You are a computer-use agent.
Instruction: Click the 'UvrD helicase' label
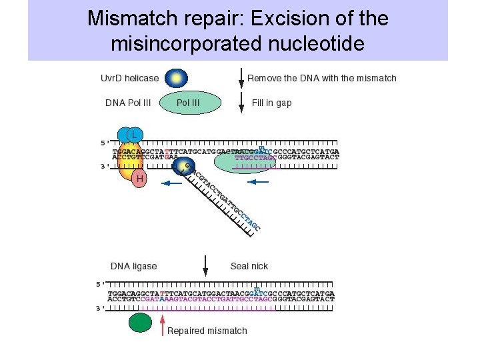129,78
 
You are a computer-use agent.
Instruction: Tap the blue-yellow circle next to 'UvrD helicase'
176,78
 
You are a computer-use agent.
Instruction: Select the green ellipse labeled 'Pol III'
189,103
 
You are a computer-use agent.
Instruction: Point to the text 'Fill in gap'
271,103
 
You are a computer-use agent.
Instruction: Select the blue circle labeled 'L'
133,135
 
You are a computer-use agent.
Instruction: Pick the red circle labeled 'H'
139,179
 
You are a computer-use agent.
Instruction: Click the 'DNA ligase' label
133,266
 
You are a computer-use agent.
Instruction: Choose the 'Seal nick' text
249,266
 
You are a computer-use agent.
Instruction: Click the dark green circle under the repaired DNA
140,323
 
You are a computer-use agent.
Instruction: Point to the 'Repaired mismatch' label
207,331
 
